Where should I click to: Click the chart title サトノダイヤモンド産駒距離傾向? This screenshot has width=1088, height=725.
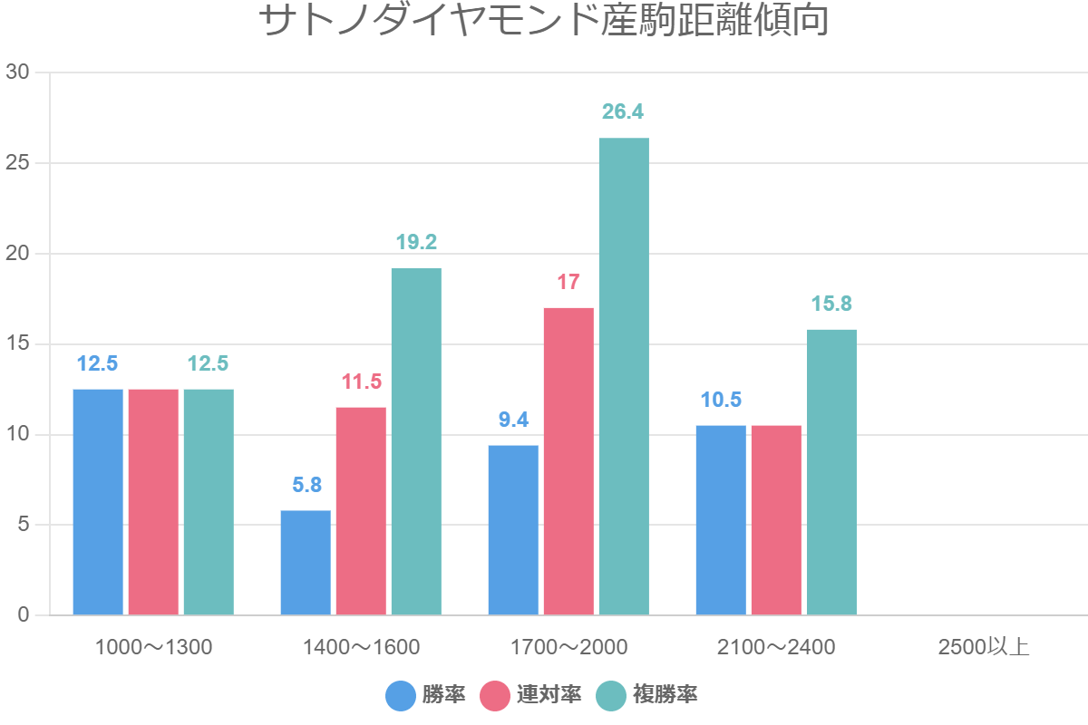(544, 22)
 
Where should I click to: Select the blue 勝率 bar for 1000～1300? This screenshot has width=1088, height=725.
(98, 502)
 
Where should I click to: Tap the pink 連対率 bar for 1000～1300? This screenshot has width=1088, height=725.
(153, 502)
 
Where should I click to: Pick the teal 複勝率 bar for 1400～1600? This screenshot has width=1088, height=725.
(416, 441)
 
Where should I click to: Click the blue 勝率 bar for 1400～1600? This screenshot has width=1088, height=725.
(306, 563)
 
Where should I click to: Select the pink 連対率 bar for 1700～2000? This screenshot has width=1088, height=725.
(568, 461)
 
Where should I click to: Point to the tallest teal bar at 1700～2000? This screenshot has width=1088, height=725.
(624, 376)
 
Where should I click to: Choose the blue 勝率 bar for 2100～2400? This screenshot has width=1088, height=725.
(721, 520)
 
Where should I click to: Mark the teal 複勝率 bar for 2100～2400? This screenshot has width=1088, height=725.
(831, 472)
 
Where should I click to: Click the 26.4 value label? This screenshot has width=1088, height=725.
(623, 112)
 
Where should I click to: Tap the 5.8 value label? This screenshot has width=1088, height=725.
(306, 485)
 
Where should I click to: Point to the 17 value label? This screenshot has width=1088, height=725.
(568, 282)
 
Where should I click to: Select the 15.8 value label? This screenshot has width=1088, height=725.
(831, 304)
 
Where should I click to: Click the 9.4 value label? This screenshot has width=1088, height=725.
(513, 420)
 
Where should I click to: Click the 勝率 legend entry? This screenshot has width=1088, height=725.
(426, 695)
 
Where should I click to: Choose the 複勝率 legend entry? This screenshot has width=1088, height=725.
(647, 695)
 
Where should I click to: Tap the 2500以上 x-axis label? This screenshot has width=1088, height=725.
(984, 647)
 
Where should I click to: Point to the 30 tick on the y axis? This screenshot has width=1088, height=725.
(17, 72)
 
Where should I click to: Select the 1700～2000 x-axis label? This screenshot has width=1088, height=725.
(568, 647)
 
